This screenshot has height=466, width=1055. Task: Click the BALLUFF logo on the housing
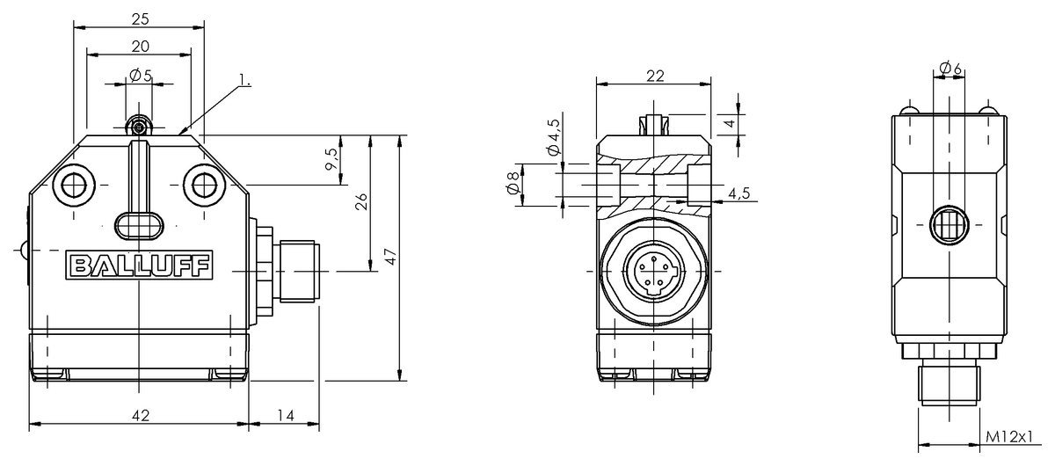pyautogui.click(x=140, y=266)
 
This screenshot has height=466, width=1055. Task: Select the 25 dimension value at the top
pyautogui.click(x=140, y=17)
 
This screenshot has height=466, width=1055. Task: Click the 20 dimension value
pyautogui.click(x=140, y=46)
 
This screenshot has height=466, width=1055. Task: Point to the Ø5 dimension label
pyautogui.click(x=140, y=76)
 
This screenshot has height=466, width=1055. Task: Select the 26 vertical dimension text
pyautogui.click(x=361, y=202)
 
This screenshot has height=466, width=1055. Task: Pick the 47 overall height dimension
pyautogui.click(x=392, y=257)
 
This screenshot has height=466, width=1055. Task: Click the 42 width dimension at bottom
pyautogui.click(x=140, y=414)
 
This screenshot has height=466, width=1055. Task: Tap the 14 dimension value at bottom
pyautogui.click(x=283, y=414)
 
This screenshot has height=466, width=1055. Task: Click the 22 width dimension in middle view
pyautogui.click(x=654, y=76)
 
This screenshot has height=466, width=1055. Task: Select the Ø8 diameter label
pyautogui.click(x=513, y=186)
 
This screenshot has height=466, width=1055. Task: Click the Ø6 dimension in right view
pyautogui.click(x=949, y=68)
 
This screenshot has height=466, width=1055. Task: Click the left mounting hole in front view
pyautogui.click(x=74, y=185)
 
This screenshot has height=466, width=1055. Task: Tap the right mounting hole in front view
pyautogui.click(x=205, y=185)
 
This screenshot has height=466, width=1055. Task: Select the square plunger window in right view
pyautogui.click(x=949, y=225)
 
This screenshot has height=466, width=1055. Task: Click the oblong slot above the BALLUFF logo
pyautogui.click(x=139, y=225)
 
